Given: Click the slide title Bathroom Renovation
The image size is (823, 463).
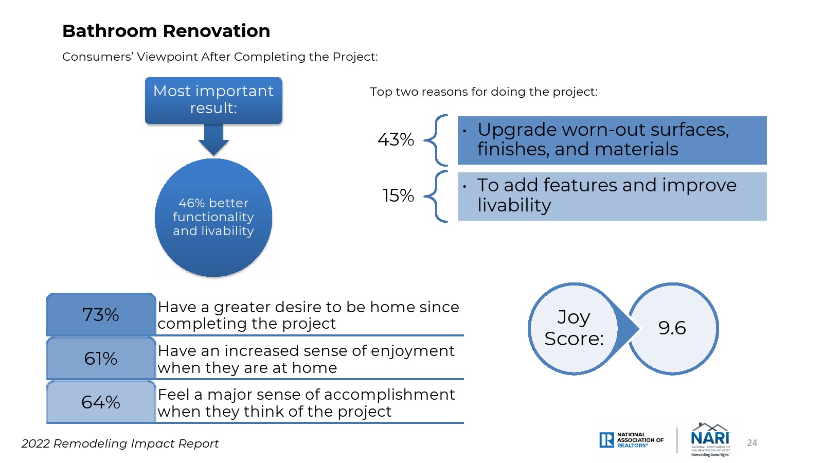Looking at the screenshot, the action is (166, 31).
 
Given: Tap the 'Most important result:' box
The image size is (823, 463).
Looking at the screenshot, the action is (213, 100).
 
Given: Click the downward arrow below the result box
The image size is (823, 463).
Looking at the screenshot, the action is (213, 139).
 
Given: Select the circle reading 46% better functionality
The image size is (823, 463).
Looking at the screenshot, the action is (213, 218).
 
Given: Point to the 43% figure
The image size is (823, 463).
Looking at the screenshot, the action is (396, 139).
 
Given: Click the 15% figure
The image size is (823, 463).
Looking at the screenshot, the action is (398, 195).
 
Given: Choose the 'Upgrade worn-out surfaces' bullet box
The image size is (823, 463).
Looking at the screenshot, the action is (612, 140).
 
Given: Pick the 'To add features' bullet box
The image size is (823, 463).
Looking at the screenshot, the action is (612, 197).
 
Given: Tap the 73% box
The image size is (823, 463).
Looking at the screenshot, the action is (101, 314).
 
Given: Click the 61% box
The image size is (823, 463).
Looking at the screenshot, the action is (101, 358).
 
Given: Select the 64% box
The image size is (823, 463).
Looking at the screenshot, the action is (101, 402).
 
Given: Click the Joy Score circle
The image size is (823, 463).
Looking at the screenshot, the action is (574, 329).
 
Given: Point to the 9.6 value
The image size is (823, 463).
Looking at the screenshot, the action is (672, 328).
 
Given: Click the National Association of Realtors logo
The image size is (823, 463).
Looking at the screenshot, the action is (631, 440).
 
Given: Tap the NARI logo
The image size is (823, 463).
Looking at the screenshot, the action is (710, 439).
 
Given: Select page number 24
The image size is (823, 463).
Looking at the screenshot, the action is (752, 443).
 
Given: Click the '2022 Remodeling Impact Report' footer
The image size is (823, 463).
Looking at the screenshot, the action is (120, 443).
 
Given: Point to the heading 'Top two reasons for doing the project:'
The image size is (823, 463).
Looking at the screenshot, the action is (484, 92).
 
